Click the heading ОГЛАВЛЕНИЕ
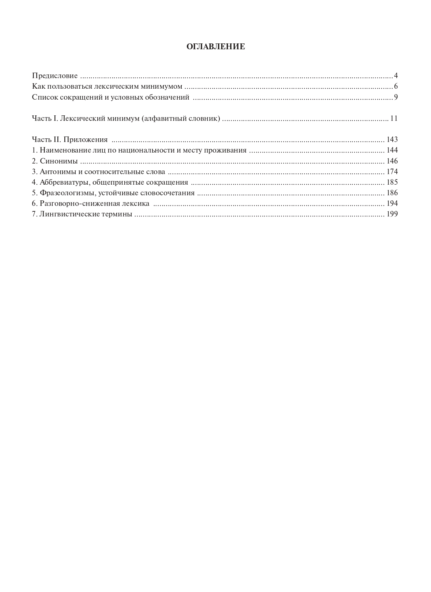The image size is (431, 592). pos(215,47)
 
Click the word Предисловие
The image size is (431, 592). pos(55,76)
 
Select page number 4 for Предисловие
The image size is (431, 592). pos(396,76)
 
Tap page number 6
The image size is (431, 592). pos(396,87)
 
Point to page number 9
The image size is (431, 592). pos(396,97)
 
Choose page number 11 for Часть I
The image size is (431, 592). pos(394,118)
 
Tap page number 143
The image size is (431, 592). pos(392,139)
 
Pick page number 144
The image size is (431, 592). pos(392,150)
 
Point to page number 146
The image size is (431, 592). pos(392,161)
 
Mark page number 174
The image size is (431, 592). pos(392,172)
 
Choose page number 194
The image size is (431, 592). pos(392,203)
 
